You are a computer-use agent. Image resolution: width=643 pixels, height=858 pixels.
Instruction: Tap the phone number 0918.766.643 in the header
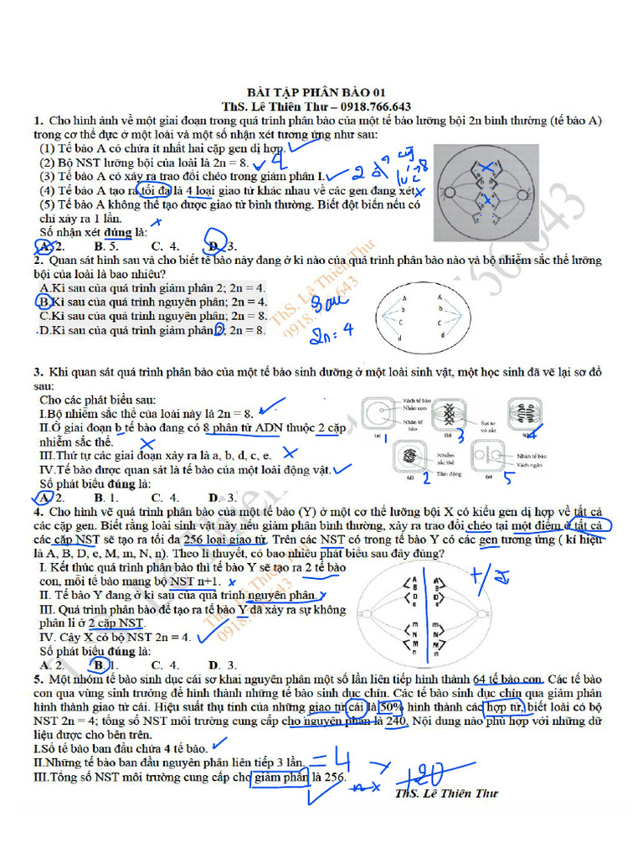pos(373,106)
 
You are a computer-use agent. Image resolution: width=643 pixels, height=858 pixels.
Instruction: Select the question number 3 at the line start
pos(39,372)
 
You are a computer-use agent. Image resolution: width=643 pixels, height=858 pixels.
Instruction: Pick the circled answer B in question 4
pos(100,665)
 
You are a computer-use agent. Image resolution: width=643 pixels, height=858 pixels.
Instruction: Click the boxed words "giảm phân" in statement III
pos(280,777)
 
